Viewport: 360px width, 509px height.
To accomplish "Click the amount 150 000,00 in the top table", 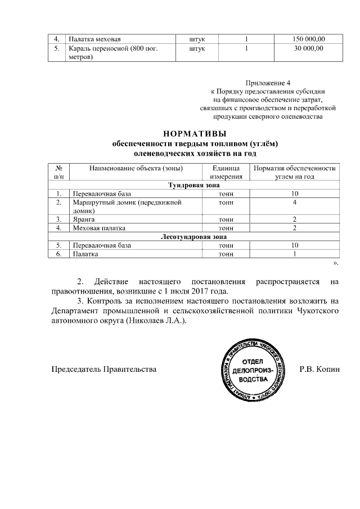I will pos(308,39).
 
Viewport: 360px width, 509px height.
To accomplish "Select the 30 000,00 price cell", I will pos(308,49).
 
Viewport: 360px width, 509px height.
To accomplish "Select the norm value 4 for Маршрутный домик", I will pos(294,202).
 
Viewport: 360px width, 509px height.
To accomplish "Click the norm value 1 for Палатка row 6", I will pos(294,254).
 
